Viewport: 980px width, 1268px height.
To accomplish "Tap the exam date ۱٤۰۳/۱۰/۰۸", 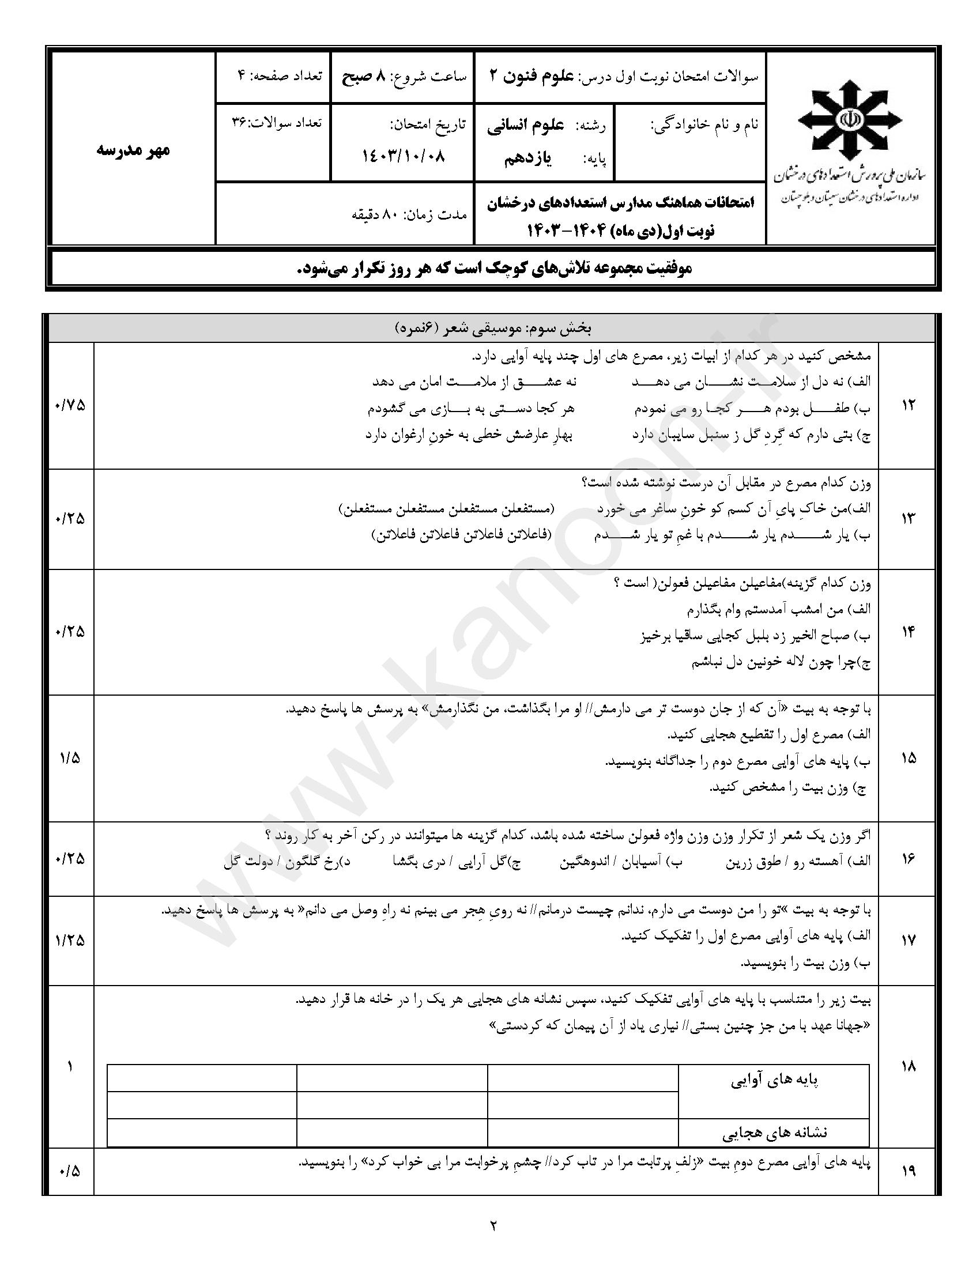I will pyautogui.click(x=404, y=156).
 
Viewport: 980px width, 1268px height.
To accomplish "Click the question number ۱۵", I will pyautogui.click(x=909, y=758).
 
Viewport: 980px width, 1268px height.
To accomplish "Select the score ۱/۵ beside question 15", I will pyautogui.click(x=69, y=758).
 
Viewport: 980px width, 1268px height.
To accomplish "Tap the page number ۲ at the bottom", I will pyautogui.click(x=493, y=1226).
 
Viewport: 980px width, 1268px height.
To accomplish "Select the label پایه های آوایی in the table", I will pyautogui.click(x=774, y=1081).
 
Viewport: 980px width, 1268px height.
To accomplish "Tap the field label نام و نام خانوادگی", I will pyautogui.click(x=704, y=126).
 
